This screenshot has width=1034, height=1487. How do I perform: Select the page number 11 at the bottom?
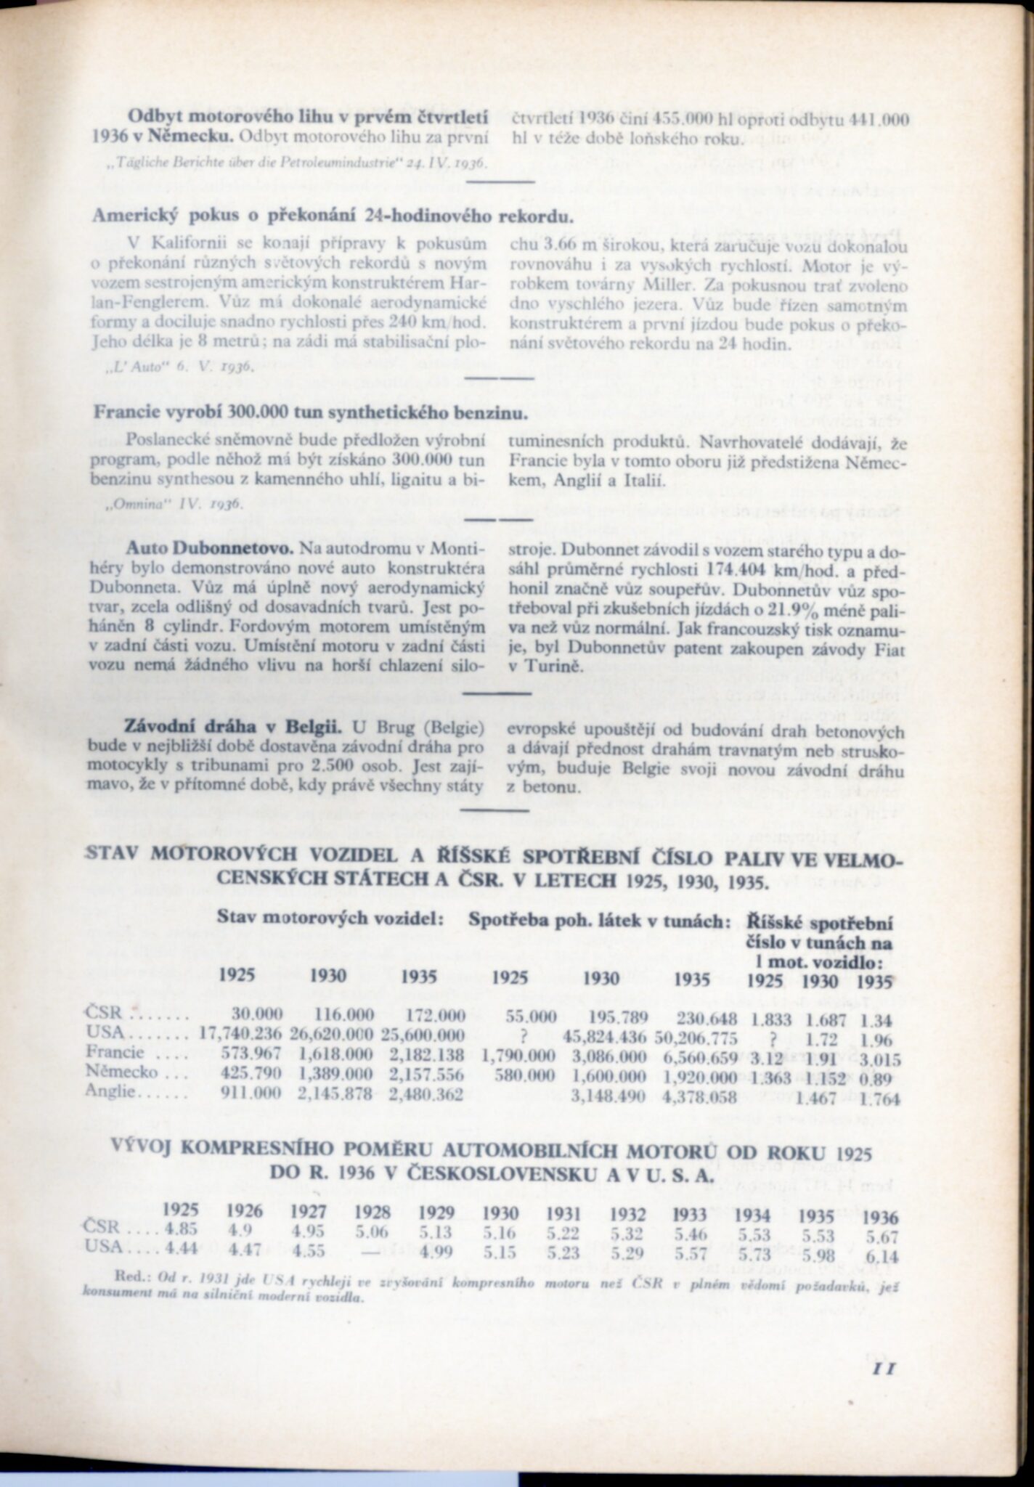[883, 1369]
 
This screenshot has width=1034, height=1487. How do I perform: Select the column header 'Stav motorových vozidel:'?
[330, 917]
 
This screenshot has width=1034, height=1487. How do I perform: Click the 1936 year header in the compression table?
[881, 1218]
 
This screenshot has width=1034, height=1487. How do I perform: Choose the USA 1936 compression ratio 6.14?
[882, 1257]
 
